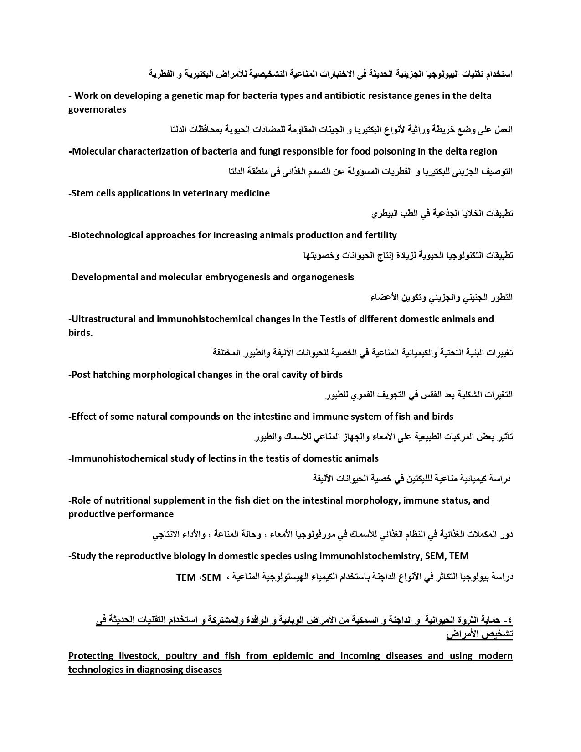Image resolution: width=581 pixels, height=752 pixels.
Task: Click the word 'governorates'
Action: pos(97,109)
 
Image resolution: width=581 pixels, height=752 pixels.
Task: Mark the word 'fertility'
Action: pos(379,235)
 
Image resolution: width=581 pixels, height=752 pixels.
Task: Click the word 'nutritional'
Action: pos(129,500)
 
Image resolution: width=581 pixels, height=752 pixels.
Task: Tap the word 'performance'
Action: pos(146,514)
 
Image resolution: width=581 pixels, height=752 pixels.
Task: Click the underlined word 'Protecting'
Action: pos(91,656)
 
